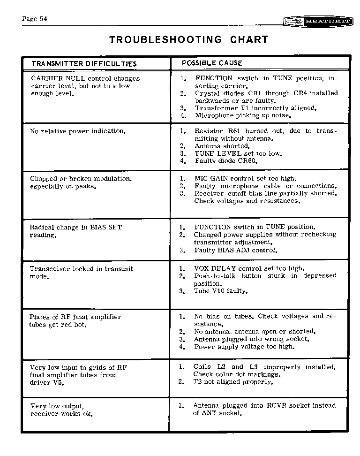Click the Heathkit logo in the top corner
click(318, 22)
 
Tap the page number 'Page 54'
click(34, 19)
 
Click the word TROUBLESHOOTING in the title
click(165, 40)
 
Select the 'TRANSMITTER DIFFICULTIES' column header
click(84, 63)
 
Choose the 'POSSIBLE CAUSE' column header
click(212, 63)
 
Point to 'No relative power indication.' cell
click(77, 131)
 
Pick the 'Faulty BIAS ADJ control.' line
click(236, 250)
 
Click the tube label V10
click(219, 291)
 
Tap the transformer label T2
click(198, 382)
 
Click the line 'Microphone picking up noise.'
click(243, 115)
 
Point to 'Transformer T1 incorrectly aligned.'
click(255, 108)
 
